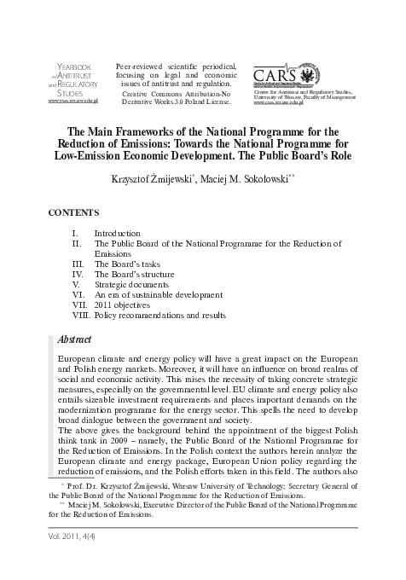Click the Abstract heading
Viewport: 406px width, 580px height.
click(x=74, y=339)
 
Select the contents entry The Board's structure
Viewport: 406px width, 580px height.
click(x=134, y=275)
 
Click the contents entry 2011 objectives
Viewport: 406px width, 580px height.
click(x=122, y=305)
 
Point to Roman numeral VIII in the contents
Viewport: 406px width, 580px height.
click(x=81, y=316)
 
